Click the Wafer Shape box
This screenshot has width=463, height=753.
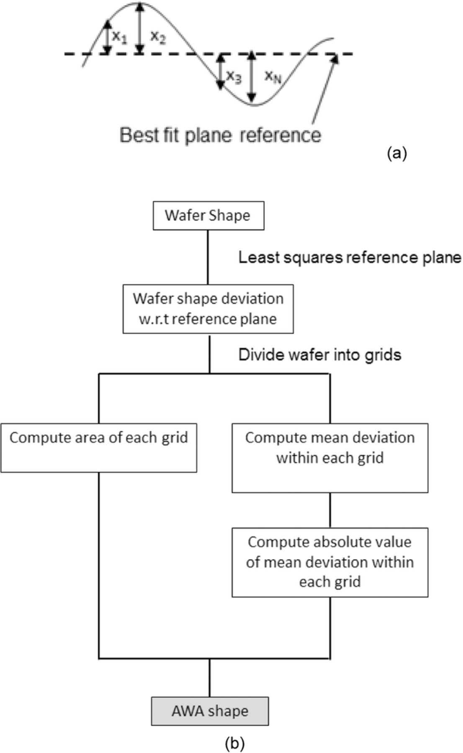click(x=208, y=216)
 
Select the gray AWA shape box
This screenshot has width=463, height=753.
click(x=210, y=711)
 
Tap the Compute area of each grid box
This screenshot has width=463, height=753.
click(x=99, y=447)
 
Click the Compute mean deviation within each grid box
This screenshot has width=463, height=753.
click(x=330, y=457)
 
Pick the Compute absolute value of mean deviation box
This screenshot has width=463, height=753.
click(x=330, y=562)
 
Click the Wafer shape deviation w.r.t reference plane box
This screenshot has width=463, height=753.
click(x=208, y=309)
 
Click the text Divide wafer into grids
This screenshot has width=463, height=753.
click(x=320, y=355)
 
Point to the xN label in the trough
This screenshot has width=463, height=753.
click(x=273, y=77)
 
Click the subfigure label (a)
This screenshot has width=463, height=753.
click(x=397, y=153)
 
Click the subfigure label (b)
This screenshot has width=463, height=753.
click(x=234, y=743)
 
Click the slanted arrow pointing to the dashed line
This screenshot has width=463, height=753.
click(x=324, y=90)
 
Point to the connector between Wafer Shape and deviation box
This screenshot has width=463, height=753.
click(x=208, y=257)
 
